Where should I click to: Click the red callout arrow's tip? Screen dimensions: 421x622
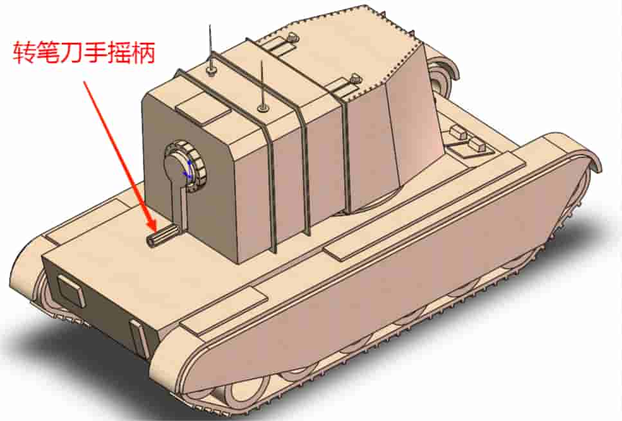[154, 231]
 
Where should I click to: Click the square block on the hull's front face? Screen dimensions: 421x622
[70, 289]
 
